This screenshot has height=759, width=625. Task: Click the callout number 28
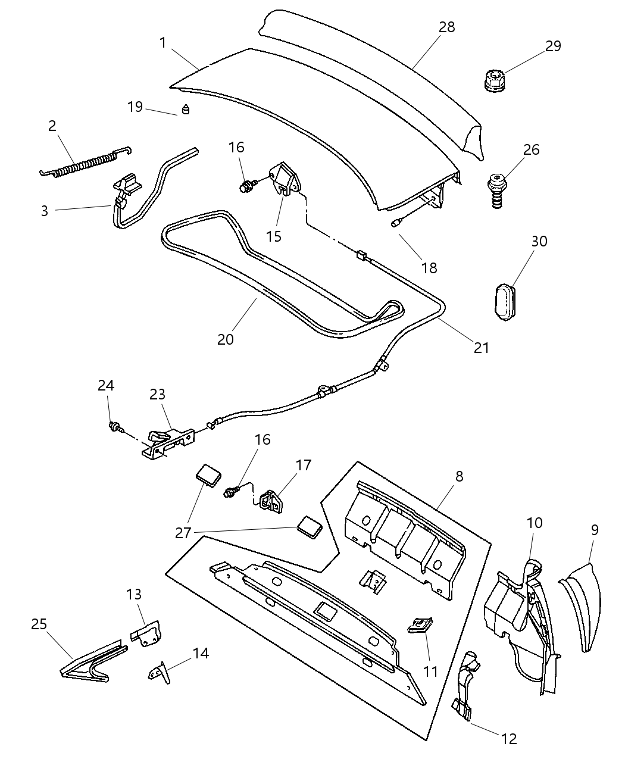[x=446, y=27]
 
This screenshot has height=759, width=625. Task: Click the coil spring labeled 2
[x=83, y=164]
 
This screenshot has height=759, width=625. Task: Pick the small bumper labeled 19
[x=185, y=110]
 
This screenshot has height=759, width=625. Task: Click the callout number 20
[x=226, y=339]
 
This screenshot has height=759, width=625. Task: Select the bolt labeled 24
[x=115, y=426]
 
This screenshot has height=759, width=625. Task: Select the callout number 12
[x=509, y=739]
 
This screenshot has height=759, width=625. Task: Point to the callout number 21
[x=481, y=348]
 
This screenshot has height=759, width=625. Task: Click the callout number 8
[x=458, y=476]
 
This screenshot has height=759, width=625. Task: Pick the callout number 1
[x=162, y=42]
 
